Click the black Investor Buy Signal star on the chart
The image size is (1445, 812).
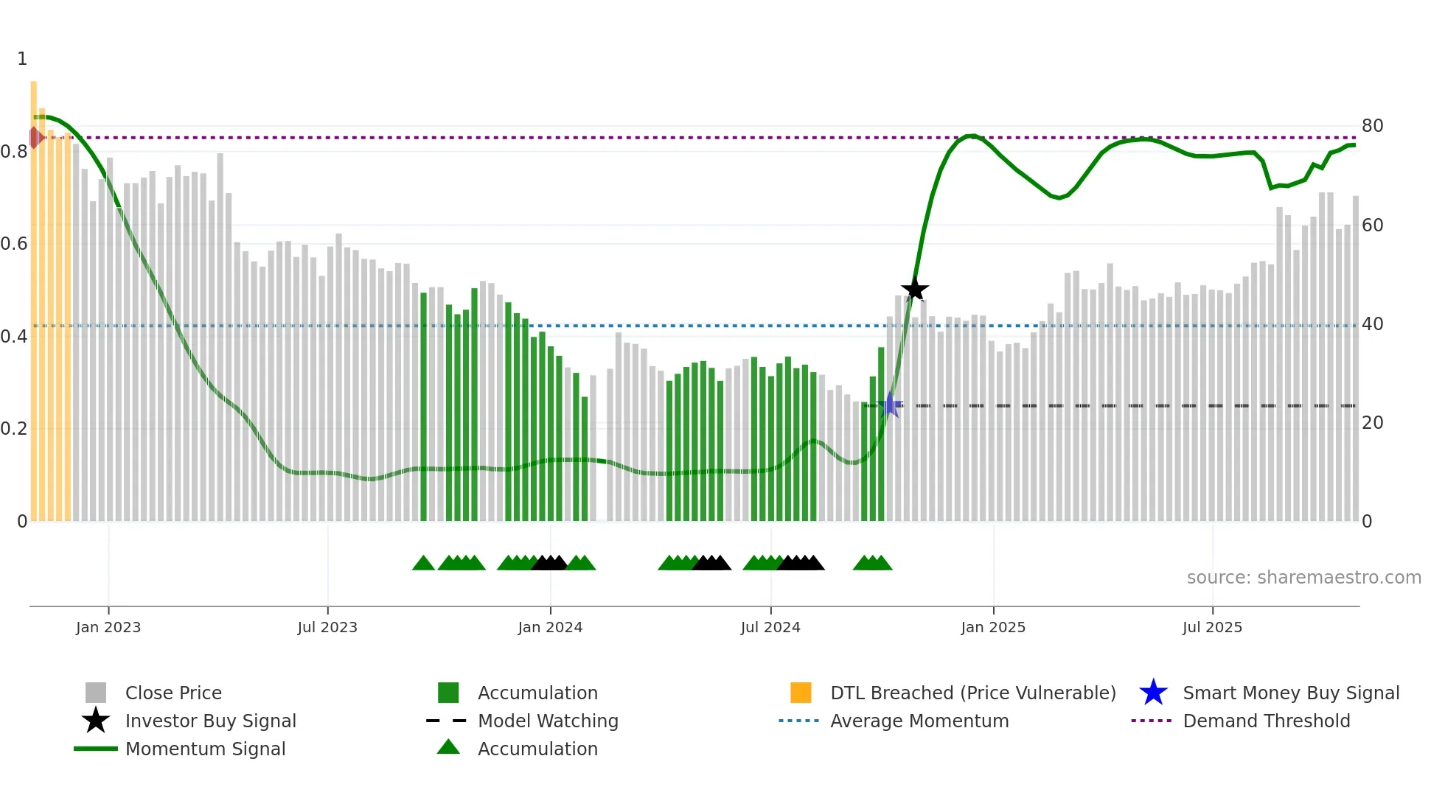[914, 290]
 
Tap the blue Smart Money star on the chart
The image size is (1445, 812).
[890, 405]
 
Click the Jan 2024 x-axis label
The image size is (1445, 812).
[550, 627]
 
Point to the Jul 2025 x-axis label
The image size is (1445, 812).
[1212, 627]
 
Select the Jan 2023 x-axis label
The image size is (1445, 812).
[108, 627]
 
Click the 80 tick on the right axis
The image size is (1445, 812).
[1372, 126]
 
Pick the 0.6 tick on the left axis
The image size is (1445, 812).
[14, 244]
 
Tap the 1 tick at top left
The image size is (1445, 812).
[22, 59]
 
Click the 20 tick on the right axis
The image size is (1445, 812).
[1372, 423]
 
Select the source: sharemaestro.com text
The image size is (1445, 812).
[1303, 578]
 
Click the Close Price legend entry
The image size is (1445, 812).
[173, 693]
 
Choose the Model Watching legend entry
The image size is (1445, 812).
[548, 721]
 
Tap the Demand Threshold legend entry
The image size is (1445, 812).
[1266, 721]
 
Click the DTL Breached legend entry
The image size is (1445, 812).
[972, 693]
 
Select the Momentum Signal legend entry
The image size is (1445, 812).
[205, 749]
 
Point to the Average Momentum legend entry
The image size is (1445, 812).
[919, 721]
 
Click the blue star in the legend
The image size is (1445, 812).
[1153, 693]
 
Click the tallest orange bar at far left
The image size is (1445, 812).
[33, 295]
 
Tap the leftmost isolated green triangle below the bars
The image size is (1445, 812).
[423, 564]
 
